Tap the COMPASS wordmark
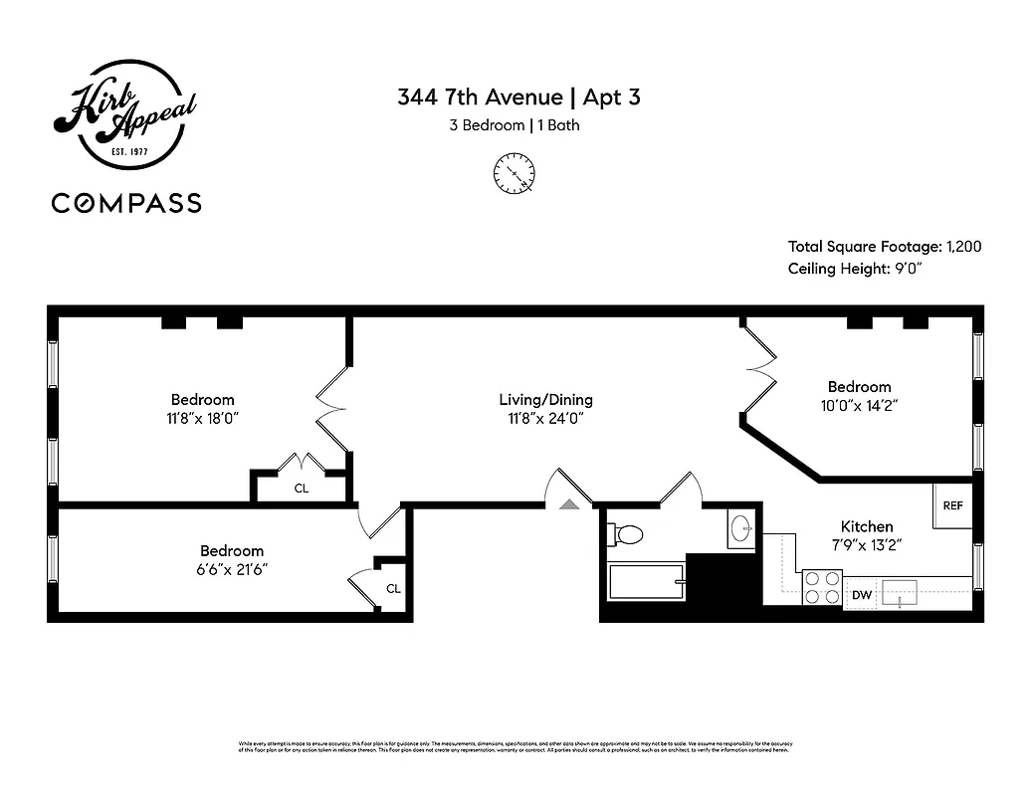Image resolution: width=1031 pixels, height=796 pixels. pyautogui.click(x=126, y=203)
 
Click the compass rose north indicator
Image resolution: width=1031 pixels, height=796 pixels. pyautogui.click(x=515, y=173)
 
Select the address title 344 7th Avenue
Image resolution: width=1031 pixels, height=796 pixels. pyautogui.click(x=481, y=98)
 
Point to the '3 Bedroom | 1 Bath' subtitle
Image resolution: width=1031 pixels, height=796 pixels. pyautogui.click(x=515, y=125)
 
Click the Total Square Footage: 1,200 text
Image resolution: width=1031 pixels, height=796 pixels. pyautogui.click(x=884, y=247)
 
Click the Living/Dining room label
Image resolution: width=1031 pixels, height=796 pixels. pyautogui.click(x=545, y=400)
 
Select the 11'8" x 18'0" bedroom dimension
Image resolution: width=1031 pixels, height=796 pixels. pyautogui.click(x=202, y=419)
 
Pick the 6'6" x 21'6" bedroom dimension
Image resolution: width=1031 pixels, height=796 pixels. pyautogui.click(x=232, y=569)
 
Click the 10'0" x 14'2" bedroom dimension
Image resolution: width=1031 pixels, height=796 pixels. pyautogui.click(x=859, y=406)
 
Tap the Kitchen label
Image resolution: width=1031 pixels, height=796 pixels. pyautogui.click(x=867, y=526)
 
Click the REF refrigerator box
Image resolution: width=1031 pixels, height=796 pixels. pyautogui.click(x=952, y=505)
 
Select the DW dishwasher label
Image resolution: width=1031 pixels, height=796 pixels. pyautogui.click(x=861, y=596)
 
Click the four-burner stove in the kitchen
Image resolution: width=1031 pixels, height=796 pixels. pyautogui.click(x=822, y=587)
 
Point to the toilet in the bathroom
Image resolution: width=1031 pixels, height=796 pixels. pyautogui.click(x=627, y=534)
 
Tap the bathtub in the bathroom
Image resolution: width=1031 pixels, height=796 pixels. pyautogui.click(x=647, y=581)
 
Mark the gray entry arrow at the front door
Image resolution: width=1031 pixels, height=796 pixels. pyautogui.click(x=569, y=504)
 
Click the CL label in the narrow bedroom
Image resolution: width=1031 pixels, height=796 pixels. pyautogui.click(x=393, y=588)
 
